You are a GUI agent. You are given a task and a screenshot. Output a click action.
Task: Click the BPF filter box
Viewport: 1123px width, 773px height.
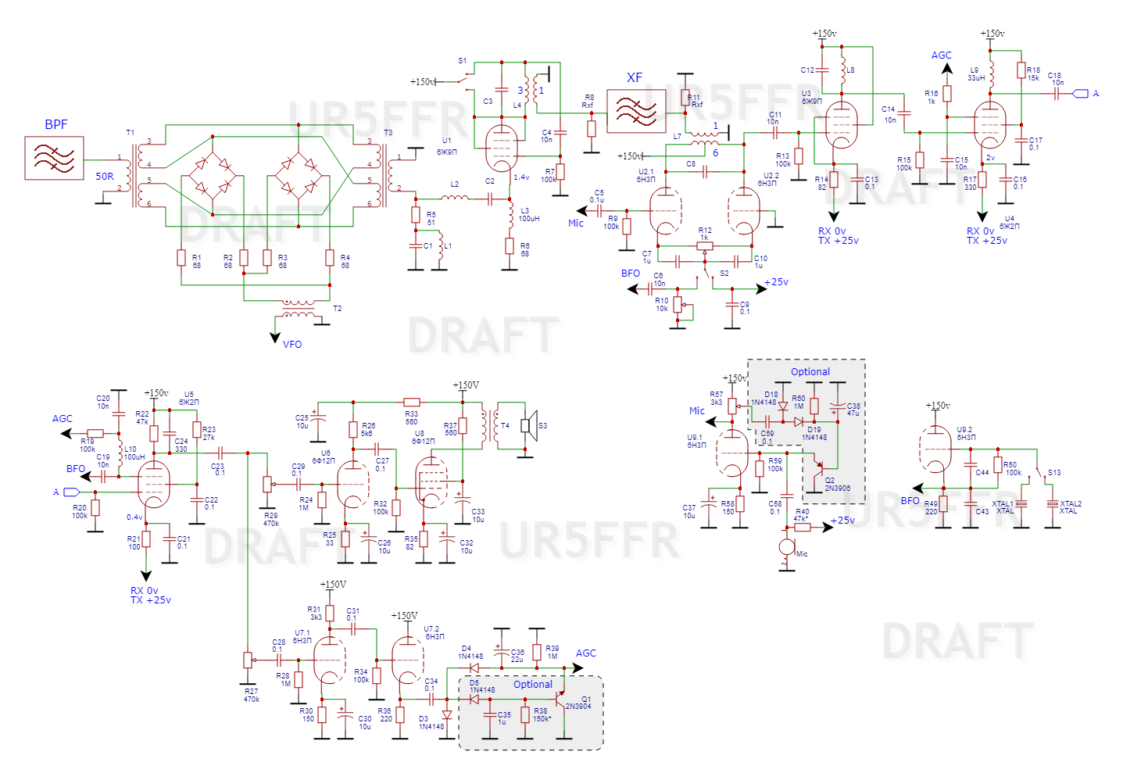click(54, 158)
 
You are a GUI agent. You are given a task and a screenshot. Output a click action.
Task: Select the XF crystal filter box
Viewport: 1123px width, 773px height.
click(636, 111)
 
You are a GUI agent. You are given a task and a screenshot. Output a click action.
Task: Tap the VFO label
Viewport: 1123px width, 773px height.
click(292, 345)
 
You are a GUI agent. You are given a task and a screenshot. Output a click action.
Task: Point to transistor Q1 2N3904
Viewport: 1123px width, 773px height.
click(560, 697)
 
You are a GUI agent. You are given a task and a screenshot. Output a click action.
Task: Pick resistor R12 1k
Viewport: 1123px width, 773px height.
click(705, 245)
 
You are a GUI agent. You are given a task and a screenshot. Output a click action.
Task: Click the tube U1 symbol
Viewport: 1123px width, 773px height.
click(501, 149)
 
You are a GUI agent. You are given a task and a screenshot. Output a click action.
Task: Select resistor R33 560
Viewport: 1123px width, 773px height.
click(412, 402)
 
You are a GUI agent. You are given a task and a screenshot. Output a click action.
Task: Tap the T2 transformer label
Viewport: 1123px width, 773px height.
click(338, 309)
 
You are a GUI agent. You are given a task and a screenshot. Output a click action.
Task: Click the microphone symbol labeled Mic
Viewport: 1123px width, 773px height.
click(786, 547)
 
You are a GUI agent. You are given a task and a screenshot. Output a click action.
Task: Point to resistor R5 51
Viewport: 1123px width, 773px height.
click(416, 215)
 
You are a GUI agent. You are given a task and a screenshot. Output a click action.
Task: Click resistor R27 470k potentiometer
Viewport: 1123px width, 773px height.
click(248, 660)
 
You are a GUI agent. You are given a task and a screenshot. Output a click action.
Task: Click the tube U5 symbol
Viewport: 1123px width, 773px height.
click(153, 484)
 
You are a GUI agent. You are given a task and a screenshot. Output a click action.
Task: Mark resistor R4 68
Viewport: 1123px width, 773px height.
click(330, 257)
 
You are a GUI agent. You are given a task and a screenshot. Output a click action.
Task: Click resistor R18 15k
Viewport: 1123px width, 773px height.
click(1021, 70)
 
